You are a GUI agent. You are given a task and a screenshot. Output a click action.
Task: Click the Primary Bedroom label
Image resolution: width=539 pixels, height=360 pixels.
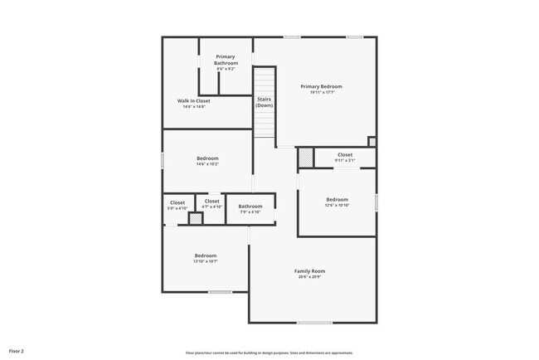[x=321, y=86]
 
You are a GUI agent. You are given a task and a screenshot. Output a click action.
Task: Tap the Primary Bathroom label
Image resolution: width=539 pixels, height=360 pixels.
[x=226, y=60]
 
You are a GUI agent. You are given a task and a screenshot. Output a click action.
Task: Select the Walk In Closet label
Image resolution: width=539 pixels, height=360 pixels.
[x=192, y=101]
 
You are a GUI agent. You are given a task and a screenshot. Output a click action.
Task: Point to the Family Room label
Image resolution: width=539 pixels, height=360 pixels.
[x=309, y=271]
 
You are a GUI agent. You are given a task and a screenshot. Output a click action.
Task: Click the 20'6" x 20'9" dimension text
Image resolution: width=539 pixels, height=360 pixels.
[x=309, y=277]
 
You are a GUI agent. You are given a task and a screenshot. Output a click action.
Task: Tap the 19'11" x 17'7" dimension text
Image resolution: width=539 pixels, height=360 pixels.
[x=321, y=92]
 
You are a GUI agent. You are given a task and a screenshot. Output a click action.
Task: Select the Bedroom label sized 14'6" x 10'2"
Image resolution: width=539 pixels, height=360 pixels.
[x=207, y=158]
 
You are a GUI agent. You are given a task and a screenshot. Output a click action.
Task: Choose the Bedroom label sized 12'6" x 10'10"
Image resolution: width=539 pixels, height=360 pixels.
[x=337, y=199]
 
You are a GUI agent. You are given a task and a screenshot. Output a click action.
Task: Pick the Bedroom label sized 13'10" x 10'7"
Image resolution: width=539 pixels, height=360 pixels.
[x=206, y=255]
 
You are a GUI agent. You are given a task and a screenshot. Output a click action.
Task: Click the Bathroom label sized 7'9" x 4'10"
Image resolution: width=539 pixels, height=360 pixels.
[x=250, y=207]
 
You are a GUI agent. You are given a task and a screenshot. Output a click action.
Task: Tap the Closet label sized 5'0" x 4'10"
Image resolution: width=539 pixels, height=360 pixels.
[x=177, y=202]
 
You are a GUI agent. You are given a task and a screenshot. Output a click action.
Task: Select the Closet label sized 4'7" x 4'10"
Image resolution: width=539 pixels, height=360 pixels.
[x=212, y=201]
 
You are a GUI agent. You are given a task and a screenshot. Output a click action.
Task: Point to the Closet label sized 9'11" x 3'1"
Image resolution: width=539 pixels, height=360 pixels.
[x=344, y=154]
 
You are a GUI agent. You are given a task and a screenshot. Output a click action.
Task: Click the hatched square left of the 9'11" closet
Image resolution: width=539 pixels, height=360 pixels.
[x=306, y=157]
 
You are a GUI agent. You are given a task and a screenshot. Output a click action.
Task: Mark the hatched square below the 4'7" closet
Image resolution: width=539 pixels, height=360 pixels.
[x=196, y=219]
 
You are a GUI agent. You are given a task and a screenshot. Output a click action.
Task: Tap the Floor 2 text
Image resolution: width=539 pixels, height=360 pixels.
[x=17, y=351]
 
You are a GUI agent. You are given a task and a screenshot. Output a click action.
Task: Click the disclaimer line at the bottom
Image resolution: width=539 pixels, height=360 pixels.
[x=269, y=352]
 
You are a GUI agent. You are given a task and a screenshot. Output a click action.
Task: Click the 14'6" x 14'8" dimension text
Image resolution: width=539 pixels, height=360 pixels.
[x=192, y=107]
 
